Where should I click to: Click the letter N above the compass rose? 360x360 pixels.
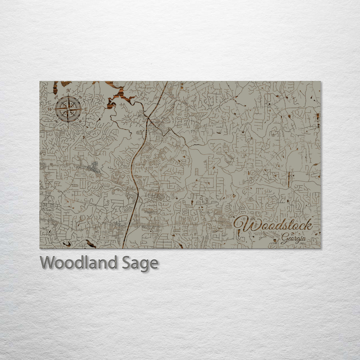pyautogui.click(x=68, y=91)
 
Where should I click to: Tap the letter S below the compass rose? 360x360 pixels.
pyautogui.click(x=68, y=127)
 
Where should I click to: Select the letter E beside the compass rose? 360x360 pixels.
pyautogui.click(x=86, y=109)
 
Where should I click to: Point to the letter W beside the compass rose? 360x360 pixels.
pyautogui.click(x=50, y=109)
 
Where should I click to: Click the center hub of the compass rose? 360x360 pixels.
pyautogui.click(x=68, y=109)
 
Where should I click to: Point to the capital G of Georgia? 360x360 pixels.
pyautogui.click(x=284, y=239)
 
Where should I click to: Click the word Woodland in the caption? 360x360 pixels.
pyautogui.click(x=78, y=263)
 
